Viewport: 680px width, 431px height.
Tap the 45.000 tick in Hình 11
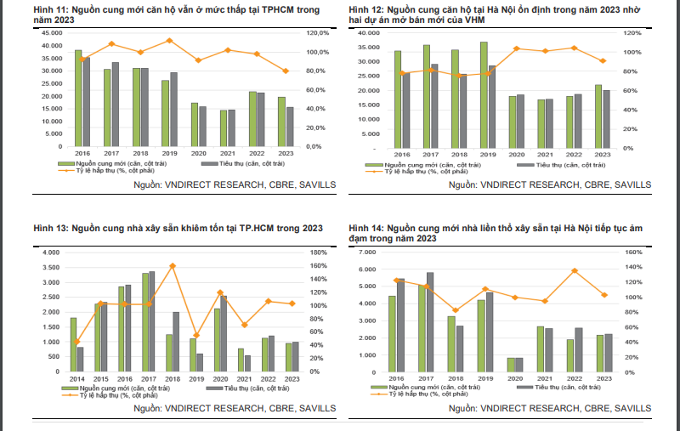(x=50, y=32)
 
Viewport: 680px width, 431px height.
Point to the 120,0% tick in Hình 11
(x=317, y=32)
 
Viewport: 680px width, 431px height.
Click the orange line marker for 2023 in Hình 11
(x=286, y=71)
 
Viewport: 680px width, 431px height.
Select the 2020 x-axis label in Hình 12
(x=515, y=154)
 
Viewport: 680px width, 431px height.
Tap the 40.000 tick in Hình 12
(x=368, y=32)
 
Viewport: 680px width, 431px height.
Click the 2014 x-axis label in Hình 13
(x=76, y=379)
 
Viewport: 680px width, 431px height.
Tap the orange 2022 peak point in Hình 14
(x=575, y=271)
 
